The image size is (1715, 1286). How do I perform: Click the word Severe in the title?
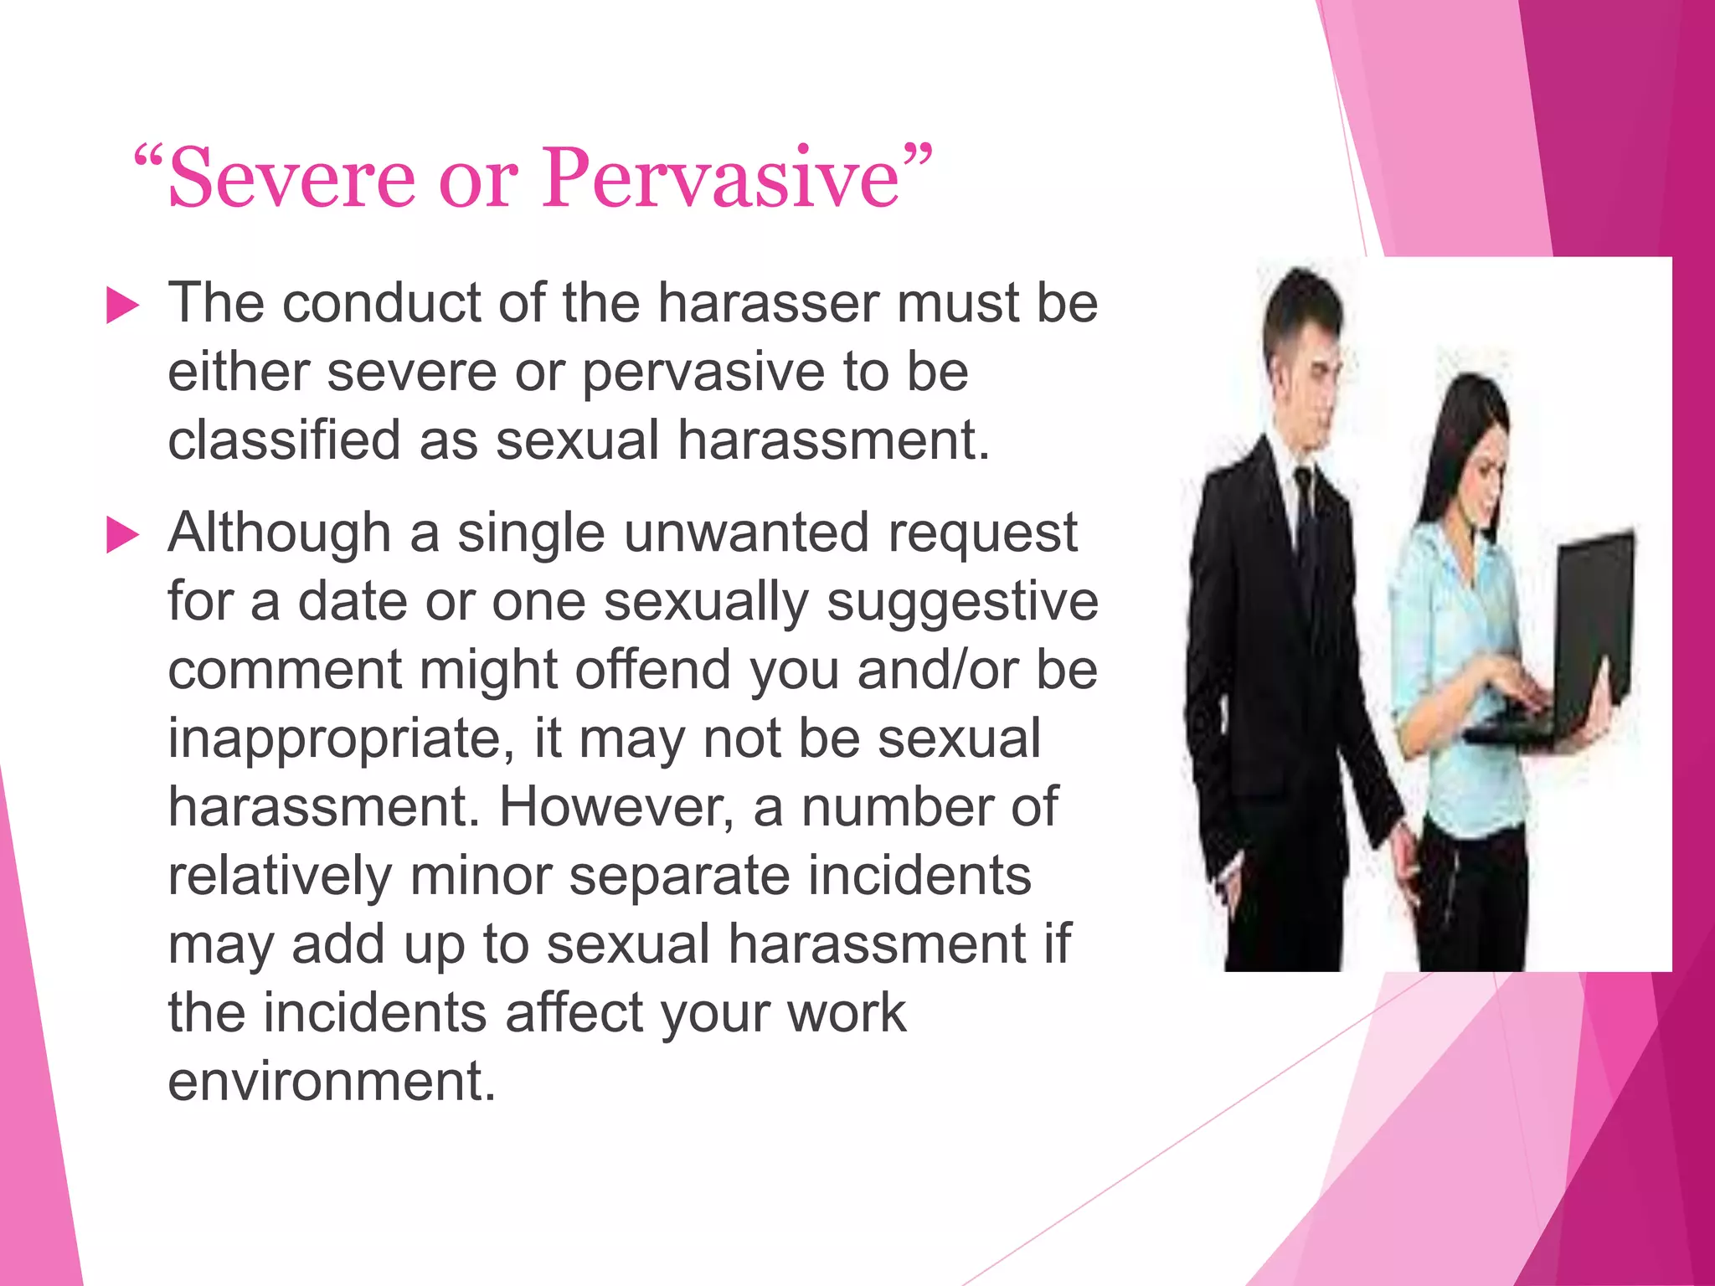pos(291,178)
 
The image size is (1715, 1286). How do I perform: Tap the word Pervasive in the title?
pos(720,178)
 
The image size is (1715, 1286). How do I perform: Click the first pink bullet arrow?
pos(122,306)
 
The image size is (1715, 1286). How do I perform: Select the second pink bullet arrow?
pos(122,536)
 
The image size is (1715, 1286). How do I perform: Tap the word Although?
pos(280,534)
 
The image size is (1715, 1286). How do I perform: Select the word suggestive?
pos(962,603)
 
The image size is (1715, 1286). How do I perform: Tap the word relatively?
pos(280,877)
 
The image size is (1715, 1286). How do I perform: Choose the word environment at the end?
pos(332,1082)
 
